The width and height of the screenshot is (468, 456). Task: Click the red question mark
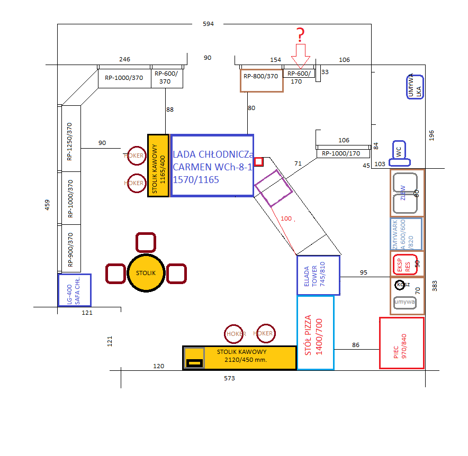(x=300, y=35)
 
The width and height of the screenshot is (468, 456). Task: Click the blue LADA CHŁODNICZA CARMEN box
(x=212, y=165)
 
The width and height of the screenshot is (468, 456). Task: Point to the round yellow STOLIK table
(x=146, y=273)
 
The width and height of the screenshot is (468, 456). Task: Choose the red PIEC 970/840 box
(x=402, y=343)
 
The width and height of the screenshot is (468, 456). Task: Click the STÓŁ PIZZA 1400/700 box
(x=316, y=333)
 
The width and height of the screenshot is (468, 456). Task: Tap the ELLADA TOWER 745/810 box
(x=318, y=275)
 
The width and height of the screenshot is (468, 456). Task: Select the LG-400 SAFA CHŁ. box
(x=74, y=289)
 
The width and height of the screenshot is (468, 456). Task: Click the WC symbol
(x=399, y=150)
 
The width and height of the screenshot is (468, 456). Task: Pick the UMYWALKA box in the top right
(x=416, y=86)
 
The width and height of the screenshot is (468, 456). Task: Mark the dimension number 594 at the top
(x=208, y=24)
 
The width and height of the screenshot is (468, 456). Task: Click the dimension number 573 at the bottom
(x=229, y=378)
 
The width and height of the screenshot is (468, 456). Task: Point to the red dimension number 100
(x=286, y=218)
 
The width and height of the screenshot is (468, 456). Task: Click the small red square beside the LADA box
(x=258, y=161)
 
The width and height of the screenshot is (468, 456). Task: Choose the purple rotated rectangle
(x=273, y=188)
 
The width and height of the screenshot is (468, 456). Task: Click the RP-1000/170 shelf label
(x=341, y=154)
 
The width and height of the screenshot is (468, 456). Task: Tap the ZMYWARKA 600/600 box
(x=407, y=234)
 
